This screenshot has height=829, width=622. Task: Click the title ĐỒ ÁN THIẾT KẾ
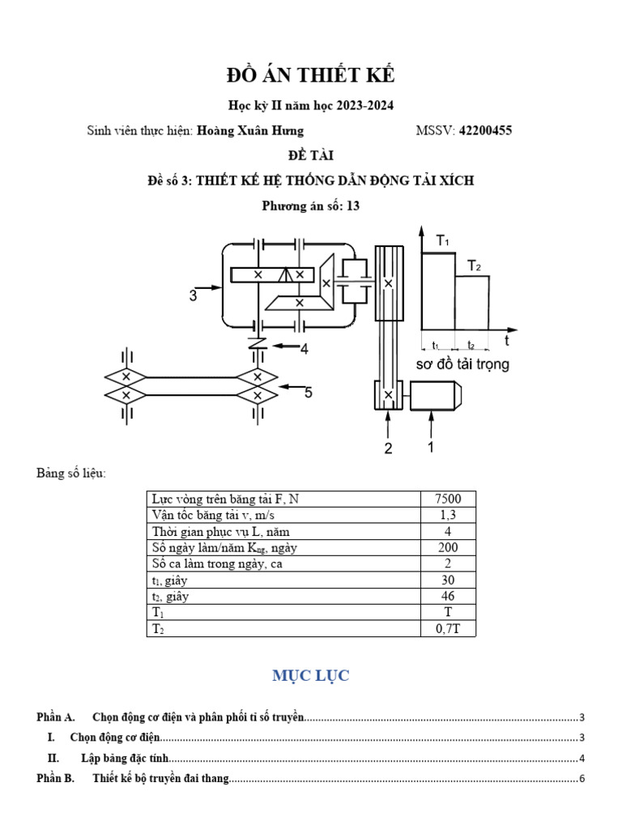pyautogui.click(x=310, y=76)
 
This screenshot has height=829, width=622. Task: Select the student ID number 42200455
pyautogui.click(x=485, y=130)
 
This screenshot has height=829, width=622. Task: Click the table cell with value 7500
pyautogui.click(x=448, y=500)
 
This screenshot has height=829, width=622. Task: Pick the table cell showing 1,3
pyautogui.click(x=448, y=516)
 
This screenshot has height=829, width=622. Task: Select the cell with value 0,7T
pyautogui.click(x=448, y=628)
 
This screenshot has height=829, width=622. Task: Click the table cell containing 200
pyautogui.click(x=448, y=548)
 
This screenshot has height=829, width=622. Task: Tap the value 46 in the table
pyautogui.click(x=448, y=597)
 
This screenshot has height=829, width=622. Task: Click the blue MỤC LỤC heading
pyautogui.click(x=311, y=676)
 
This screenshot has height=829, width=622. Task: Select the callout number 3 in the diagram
pyautogui.click(x=194, y=296)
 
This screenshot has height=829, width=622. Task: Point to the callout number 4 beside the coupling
pyautogui.click(x=304, y=350)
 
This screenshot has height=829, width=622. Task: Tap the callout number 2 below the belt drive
pyautogui.click(x=388, y=449)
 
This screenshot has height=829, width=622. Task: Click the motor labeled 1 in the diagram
pyautogui.click(x=436, y=396)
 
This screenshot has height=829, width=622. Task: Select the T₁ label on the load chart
pyautogui.click(x=443, y=240)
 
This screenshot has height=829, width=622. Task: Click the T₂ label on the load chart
pyautogui.click(x=474, y=265)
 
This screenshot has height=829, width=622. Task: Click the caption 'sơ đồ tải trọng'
pyautogui.click(x=462, y=364)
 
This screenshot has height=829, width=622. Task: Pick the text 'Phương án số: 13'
pyautogui.click(x=310, y=206)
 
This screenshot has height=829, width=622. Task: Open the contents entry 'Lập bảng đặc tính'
pyautogui.click(x=128, y=759)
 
